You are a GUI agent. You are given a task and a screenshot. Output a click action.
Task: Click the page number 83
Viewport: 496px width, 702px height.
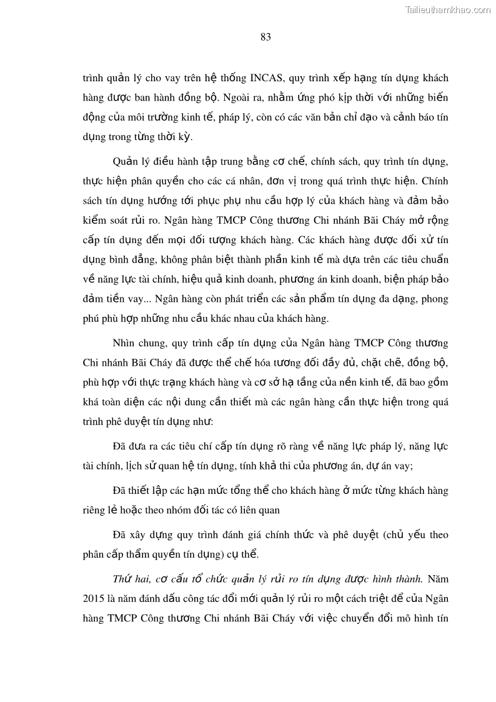pos(265,37)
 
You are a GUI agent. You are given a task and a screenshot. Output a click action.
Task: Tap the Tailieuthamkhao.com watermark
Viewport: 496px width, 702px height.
pos(449,9)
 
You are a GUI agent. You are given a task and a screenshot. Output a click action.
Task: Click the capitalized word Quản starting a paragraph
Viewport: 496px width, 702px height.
pos(124,163)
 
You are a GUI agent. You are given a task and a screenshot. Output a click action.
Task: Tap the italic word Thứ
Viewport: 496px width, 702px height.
pos(122,578)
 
